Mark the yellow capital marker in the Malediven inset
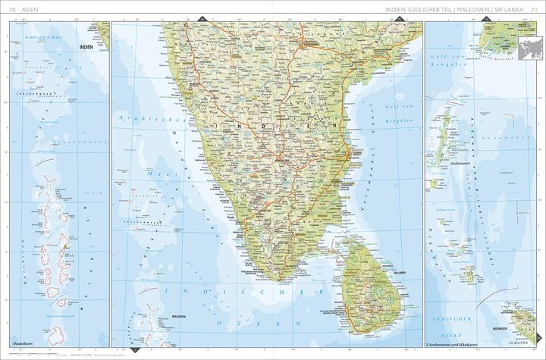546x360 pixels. [67, 245]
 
